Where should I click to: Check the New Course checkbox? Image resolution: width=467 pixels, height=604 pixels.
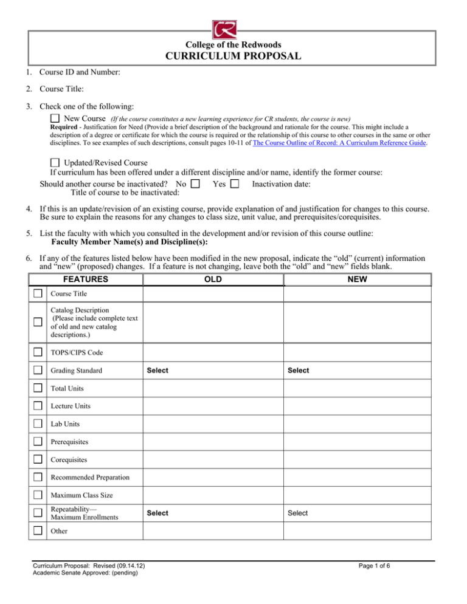(x=55, y=117)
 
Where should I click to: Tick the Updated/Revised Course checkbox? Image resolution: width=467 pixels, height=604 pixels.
(x=55, y=163)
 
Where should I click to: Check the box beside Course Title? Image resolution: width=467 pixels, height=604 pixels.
(x=38, y=293)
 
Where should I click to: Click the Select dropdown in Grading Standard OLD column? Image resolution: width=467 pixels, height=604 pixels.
(x=157, y=370)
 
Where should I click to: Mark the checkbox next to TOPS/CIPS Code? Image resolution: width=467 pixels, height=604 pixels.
(x=38, y=352)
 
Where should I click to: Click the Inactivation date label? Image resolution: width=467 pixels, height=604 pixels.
(x=282, y=183)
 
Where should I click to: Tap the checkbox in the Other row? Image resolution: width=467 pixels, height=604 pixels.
(x=38, y=530)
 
